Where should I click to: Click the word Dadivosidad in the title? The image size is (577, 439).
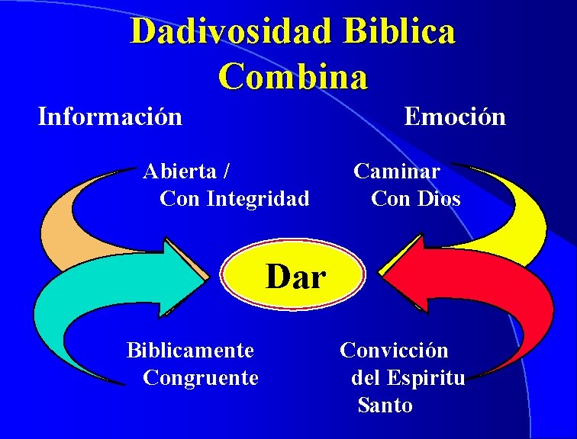231,32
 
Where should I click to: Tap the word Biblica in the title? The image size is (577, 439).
400,32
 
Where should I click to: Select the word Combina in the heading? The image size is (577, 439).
293,76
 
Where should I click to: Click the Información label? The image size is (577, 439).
110,117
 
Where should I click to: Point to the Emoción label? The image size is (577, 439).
455,117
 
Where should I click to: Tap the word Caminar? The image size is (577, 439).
397,171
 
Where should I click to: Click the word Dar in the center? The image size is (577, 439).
296,277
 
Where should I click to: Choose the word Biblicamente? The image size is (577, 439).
190,351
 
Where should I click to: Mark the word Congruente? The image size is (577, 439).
201,377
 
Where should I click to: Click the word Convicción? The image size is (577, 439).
394,351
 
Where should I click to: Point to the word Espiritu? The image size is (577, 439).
426,377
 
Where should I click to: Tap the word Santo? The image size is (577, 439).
385,405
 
